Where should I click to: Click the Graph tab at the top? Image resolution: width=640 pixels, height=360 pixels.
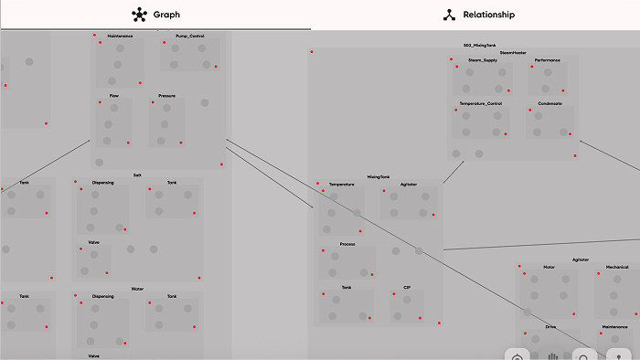point(155,15)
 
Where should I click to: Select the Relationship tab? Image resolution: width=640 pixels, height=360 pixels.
point(479,15)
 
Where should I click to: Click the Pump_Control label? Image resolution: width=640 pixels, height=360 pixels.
point(189,36)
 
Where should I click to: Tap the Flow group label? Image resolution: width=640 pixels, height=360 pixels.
point(113,95)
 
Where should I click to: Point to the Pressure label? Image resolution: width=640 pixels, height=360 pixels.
point(166,95)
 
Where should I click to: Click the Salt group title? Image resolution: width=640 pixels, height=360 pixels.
point(137,175)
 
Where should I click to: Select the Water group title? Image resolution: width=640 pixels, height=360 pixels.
point(137,289)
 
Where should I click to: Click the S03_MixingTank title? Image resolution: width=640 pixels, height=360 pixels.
point(479,45)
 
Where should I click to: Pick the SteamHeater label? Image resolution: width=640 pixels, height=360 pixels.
point(513,53)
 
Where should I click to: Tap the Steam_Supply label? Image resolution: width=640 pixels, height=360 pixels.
point(483,60)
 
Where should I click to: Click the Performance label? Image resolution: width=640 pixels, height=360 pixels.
point(548,60)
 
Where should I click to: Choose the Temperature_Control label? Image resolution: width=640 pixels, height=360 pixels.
point(481,103)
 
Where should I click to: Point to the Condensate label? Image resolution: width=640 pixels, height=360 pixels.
point(549,103)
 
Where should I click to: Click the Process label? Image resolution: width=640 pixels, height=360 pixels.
point(347,244)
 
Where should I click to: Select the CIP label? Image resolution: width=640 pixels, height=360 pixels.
point(407,287)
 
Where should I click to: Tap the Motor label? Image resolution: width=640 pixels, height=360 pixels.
point(549,267)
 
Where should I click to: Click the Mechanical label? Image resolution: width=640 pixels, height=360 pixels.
point(617,267)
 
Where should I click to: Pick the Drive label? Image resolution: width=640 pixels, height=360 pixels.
point(550,326)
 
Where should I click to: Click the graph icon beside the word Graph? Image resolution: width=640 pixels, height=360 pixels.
point(138,15)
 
